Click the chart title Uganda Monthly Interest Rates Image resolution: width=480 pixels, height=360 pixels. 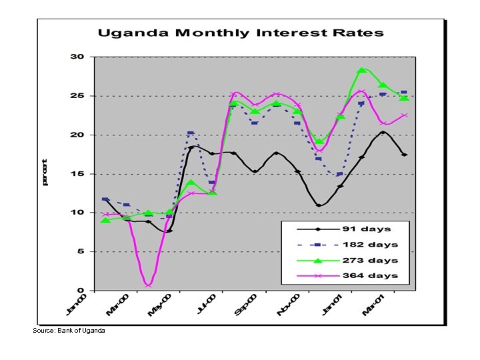pos(241,33)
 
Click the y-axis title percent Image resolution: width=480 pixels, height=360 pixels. pos(45,172)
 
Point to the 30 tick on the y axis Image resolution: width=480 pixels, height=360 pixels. pos(78,57)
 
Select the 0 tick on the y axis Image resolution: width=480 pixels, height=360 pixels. pos(81,291)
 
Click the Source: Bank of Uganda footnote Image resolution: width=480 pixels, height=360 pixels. pos(69,331)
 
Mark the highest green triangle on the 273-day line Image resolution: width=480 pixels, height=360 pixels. pos(361,70)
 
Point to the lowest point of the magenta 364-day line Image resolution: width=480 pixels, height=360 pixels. pos(148,286)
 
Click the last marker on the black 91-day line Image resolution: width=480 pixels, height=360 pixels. pos(404,155)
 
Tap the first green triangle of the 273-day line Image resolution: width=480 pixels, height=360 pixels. pos(105,220)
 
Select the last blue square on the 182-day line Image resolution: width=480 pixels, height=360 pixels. pos(404,93)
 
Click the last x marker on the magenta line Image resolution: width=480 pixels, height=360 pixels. pos(404,115)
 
